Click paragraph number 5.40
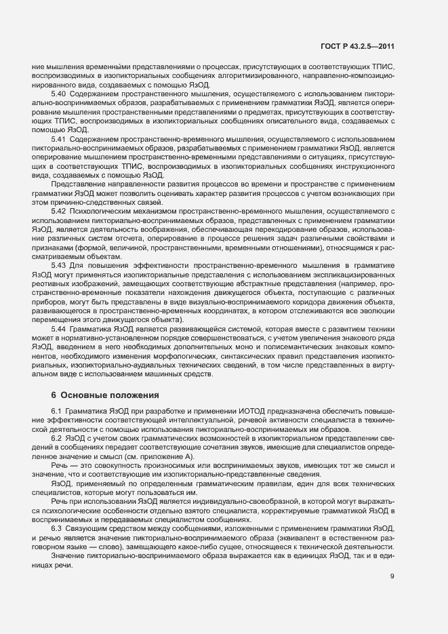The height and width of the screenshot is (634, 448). click(x=58, y=93)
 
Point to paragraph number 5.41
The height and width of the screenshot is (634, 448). click(x=58, y=139)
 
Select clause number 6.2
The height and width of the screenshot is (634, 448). click(x=57, y=438)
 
